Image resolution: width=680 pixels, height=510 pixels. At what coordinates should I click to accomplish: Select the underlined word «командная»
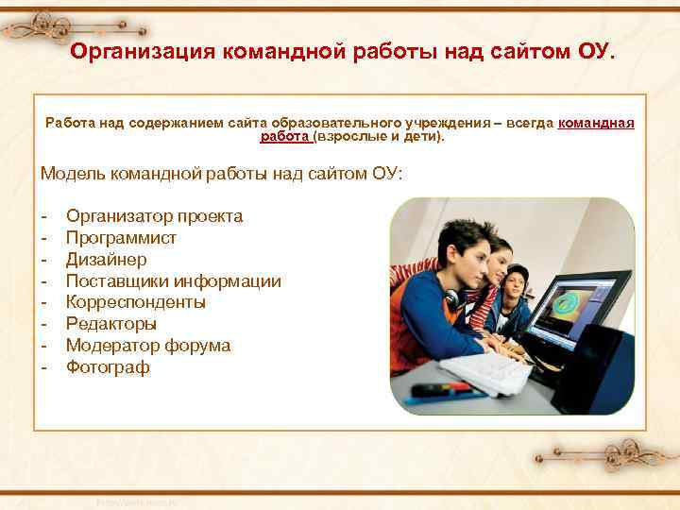point(596,123)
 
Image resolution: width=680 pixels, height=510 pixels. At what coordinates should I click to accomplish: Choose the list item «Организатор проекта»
point(154,216)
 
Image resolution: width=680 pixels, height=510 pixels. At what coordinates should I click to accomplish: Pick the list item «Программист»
point(121,238)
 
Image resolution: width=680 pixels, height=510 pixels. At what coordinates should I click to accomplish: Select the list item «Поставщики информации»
point(173,281)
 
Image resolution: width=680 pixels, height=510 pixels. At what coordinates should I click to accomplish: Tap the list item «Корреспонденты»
point(135,302)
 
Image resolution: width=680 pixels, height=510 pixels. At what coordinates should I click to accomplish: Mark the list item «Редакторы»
point(111,324)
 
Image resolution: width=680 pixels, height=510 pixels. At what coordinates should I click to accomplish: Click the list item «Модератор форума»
point(147,346)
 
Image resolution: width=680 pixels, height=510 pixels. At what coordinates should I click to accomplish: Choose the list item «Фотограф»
point(108,367)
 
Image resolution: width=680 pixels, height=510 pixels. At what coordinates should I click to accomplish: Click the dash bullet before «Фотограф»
point(44,367)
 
